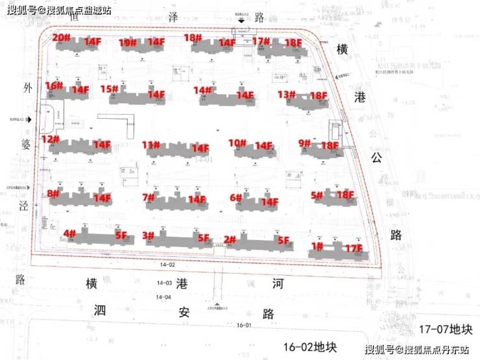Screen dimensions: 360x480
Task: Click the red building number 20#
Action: pos(62,38)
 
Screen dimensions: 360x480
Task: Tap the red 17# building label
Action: pos(260,42)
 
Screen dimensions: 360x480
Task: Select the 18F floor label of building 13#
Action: pos(318,96)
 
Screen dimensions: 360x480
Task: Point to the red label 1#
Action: pos(317,246)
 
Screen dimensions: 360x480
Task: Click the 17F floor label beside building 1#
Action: pos(353,248)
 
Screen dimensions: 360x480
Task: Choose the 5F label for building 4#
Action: pos(121,236)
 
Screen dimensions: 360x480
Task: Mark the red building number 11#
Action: pos(151,145)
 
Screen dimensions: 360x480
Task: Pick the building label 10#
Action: pos(237,143)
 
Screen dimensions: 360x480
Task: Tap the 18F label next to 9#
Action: pos(330,146)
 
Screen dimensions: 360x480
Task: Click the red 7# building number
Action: pos(149,197)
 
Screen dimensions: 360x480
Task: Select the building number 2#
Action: pos(230,239)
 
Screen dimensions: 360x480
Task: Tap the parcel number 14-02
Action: pos(167,265)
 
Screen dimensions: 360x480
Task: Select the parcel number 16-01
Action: pos(243,325)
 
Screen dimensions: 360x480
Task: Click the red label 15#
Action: pos(109,89)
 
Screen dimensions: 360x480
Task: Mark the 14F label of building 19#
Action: pos(156,42)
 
